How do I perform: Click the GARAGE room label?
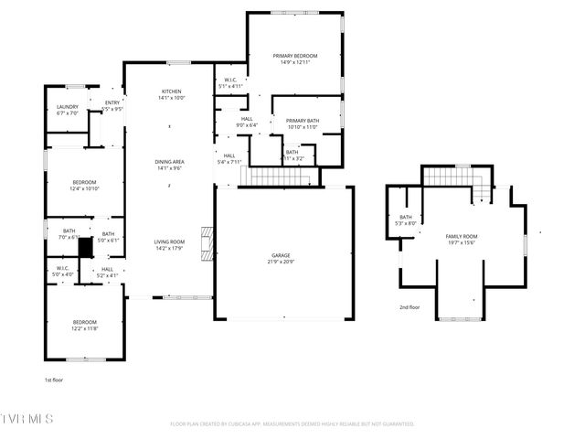pyautogui.click(x=280, y=255)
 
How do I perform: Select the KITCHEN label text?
pyautogui.click(x=172, y=91)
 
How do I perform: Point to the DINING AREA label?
pyautogui.click(x=171, y=162)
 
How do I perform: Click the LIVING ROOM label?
pyautogui.click(x=171, y=241)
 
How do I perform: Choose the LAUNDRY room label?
pyautogui.click(x=68, y=107)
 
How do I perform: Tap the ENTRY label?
pyautogui.click(x=112, y=102)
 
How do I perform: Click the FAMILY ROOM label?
pyautogui.click(x=462, y=236)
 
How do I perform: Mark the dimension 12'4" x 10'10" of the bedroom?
pyautogui.click(x=85, y=188)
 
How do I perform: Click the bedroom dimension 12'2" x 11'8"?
pyautogui.click(x=85, y=328)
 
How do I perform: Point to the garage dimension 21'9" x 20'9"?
pyautogui.click(x=280, y=262)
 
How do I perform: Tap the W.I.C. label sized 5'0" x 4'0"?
pyautogui.click(x=62, y=272)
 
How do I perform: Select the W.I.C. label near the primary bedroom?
pyautogui.click(x=231, y=80)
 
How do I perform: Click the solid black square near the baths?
pyautogui.click(x=86, y=247)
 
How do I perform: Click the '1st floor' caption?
pyautogui.click(x=54, y=379)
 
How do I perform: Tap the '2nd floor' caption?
pyautogui.click(x=409, y=307)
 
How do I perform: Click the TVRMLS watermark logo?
pyautogui.click(x=27, y=419)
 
